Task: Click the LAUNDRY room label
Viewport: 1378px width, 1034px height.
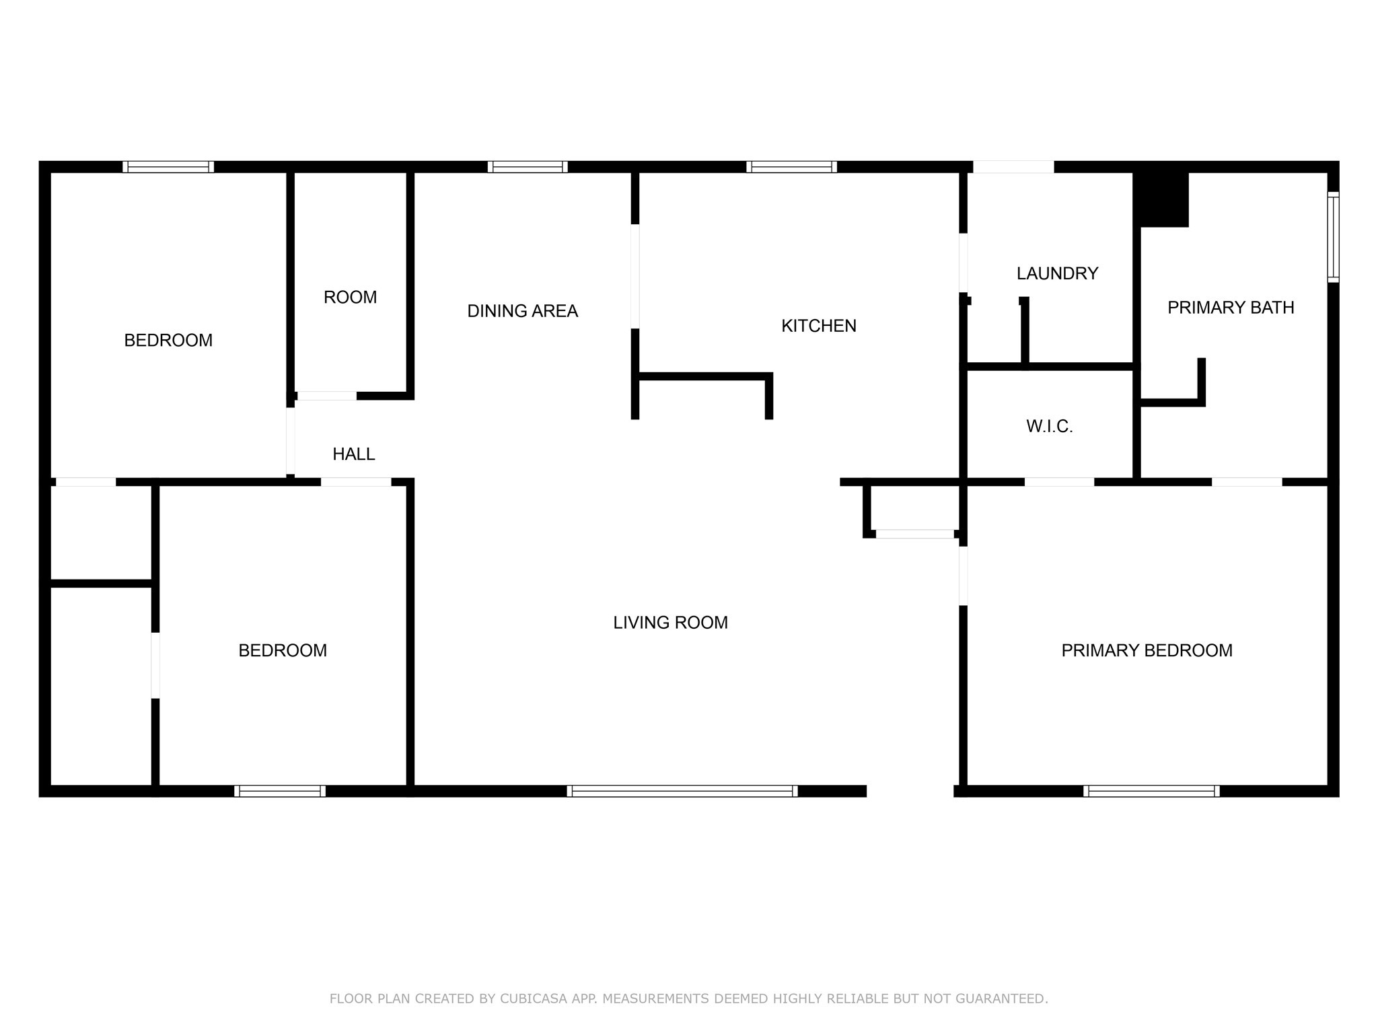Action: (1057, 273)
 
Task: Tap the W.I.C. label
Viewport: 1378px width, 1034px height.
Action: (1049, 426)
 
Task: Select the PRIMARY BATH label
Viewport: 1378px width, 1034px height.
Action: (1230, 308)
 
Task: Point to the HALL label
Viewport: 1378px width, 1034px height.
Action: (353, 454)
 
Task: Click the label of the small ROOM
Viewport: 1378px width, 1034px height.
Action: (350, 298)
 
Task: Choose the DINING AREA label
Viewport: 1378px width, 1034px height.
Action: (522, 311)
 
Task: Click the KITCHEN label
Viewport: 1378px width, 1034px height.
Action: (818, 326)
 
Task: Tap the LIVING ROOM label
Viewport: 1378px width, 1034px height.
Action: (670, 623)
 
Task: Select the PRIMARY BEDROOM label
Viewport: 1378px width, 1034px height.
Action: (1147, 650)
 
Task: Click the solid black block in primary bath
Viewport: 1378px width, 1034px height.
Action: (1162, 200)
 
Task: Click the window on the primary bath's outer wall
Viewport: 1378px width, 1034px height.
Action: (1332, 237)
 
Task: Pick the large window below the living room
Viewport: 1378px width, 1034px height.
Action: (682, 791)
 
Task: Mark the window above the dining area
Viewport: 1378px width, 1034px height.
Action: (528, 167)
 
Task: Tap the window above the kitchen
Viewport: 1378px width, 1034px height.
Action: (791, 167)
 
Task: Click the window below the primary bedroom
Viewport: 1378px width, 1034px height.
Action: (1151, 791)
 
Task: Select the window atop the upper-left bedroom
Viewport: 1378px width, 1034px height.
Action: (168, 167)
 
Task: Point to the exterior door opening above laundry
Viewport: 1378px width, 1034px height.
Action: (1013, 167)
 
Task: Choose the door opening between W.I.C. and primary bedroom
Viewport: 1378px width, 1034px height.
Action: (1059, 482)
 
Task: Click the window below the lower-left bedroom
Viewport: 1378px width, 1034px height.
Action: (280, 791)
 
